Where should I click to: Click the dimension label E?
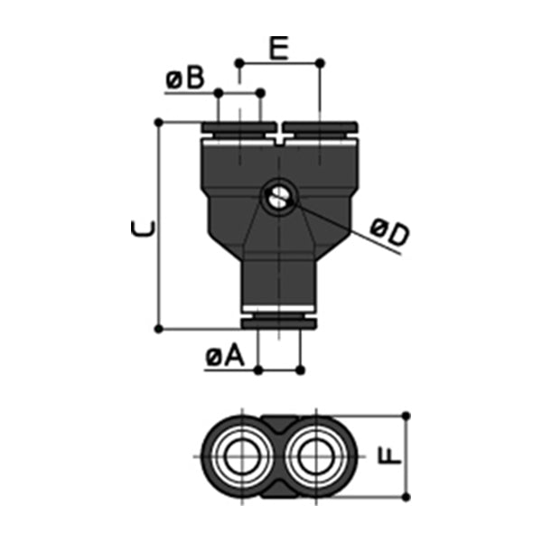[x=279, y=47]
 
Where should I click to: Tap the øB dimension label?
[x=185, y=81]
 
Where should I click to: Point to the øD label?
[x=389, y=234]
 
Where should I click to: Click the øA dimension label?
[x=225, y=358]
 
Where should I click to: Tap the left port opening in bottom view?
[x=240, y=456]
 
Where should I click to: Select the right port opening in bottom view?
[x=318, y=456]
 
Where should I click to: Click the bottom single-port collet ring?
[x=279, y=322]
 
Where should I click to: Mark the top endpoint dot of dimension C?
[x=159, y=121]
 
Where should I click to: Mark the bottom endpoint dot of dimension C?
[x=159, y=328]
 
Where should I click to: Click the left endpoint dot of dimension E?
[x=239, y=62]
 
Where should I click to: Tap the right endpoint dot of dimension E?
[x=320, y=62]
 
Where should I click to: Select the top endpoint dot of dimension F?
[x=406, y=416]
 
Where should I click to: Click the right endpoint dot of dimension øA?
[x=301, y=369]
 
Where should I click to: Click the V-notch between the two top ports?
[x=279, y=138]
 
